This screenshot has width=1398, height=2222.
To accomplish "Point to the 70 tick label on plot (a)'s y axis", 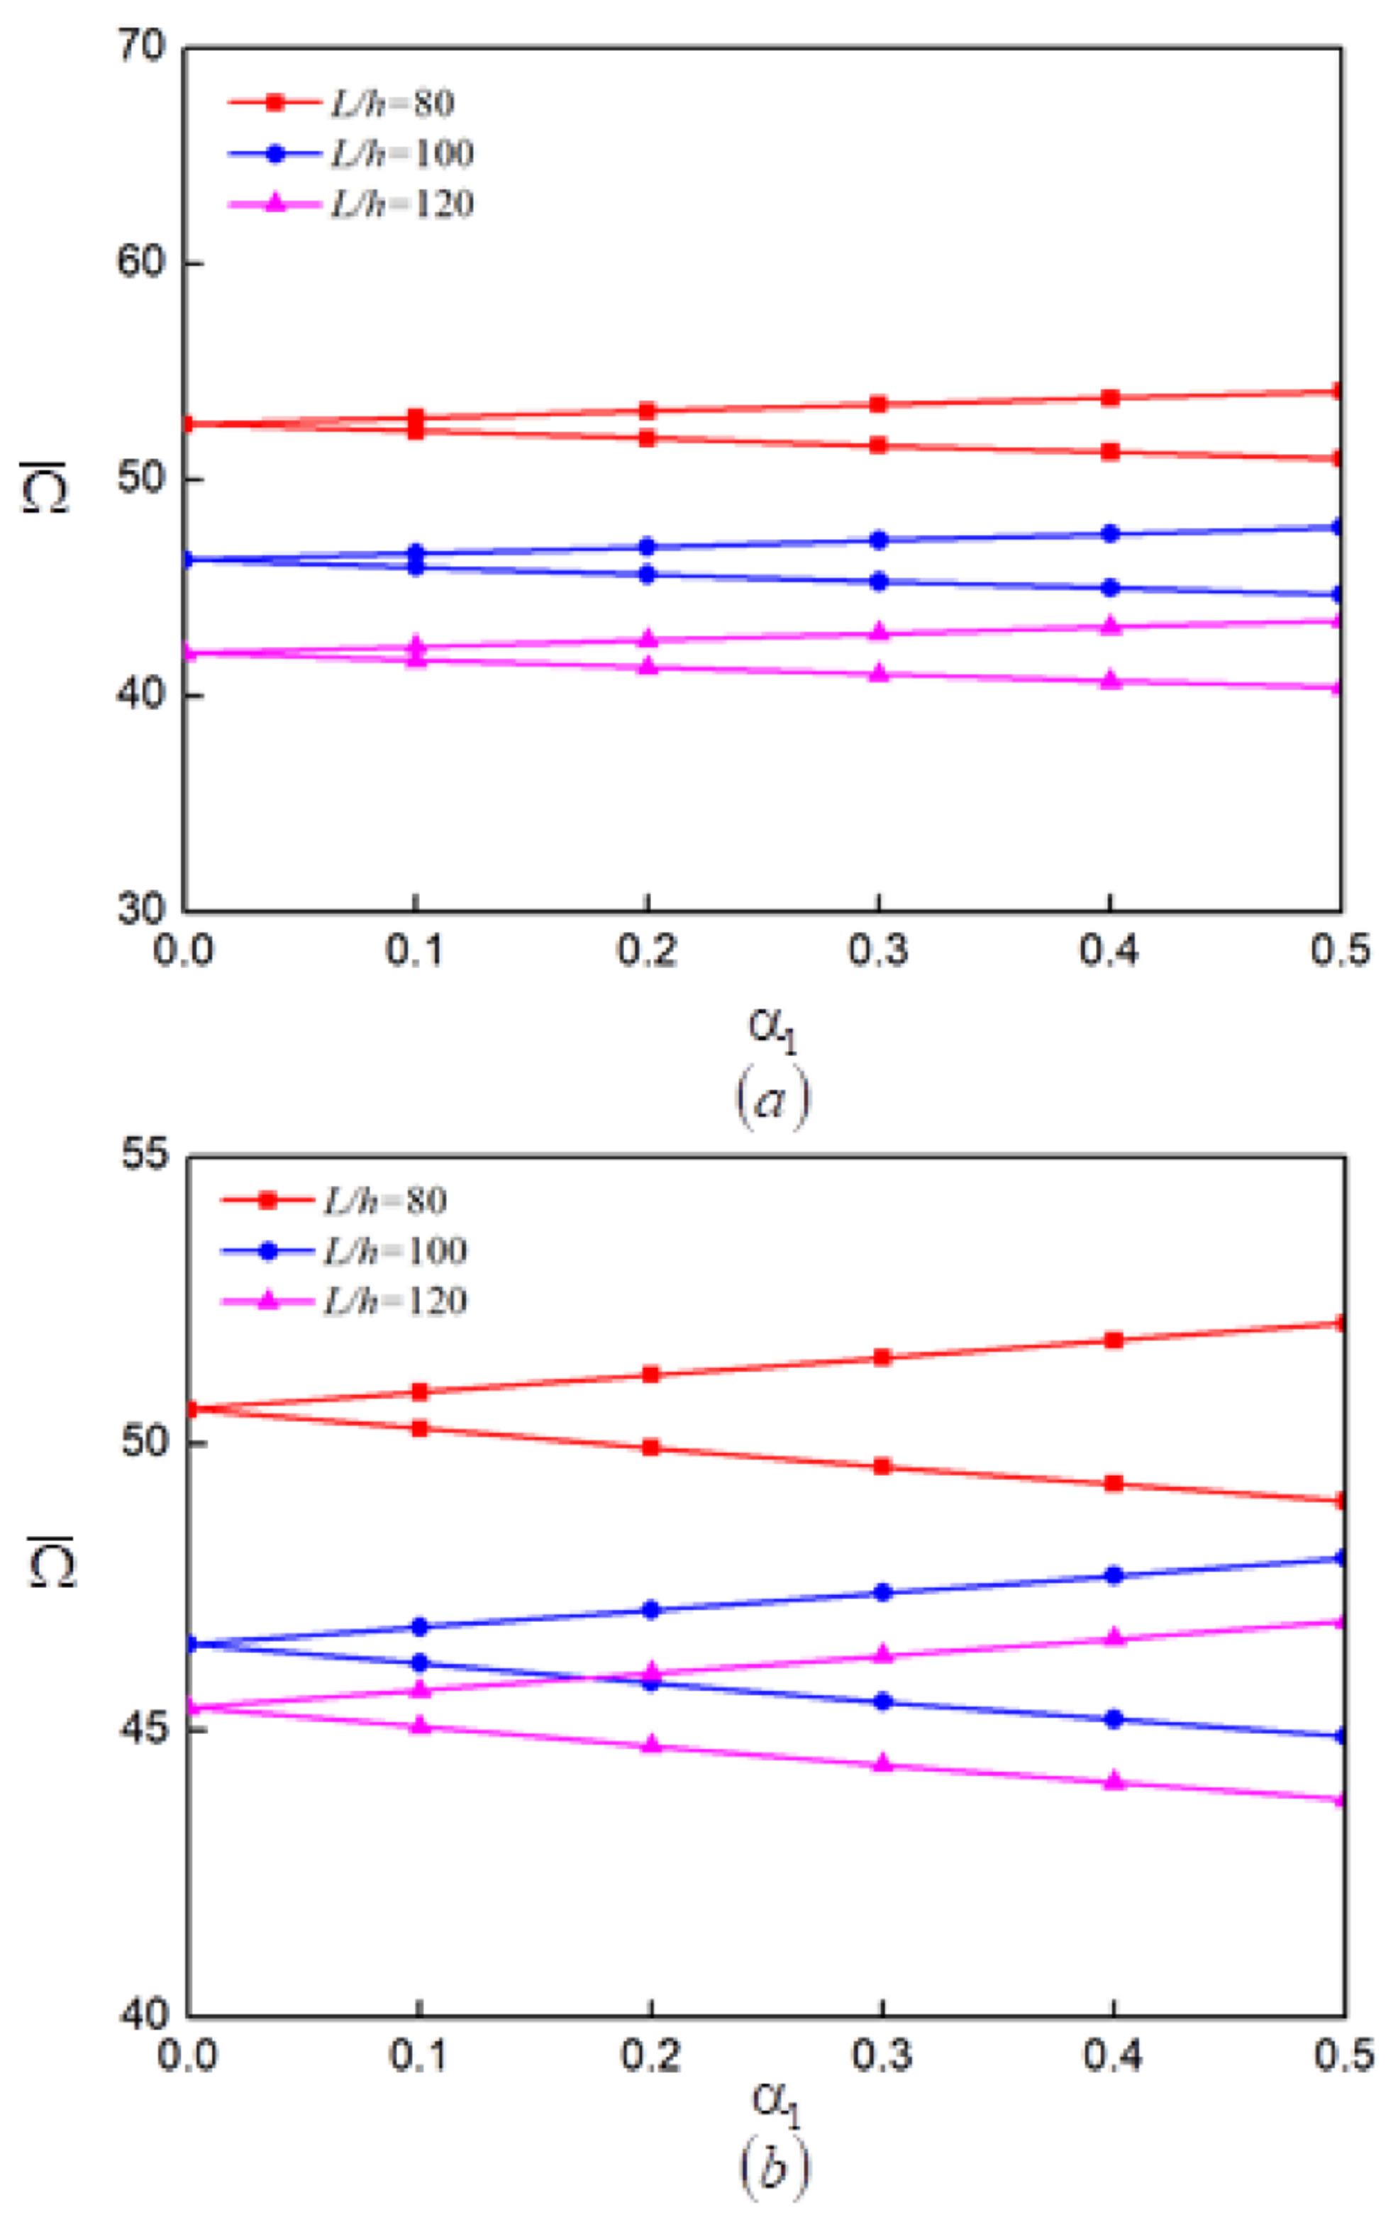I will tap(140, 46).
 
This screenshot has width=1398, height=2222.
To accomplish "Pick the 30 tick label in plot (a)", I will tap(140, 909).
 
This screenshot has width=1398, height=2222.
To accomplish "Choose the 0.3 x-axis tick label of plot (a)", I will tap(877, 950).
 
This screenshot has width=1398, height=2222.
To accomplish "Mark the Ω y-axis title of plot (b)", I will tap(51, 1561).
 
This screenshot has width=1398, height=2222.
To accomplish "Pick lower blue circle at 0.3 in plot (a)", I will tap(879, 582).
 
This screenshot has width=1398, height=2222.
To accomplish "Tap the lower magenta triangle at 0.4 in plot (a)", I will tap(1111, 681).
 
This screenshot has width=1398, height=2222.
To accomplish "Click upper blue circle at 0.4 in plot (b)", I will tap(1114, 1575).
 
